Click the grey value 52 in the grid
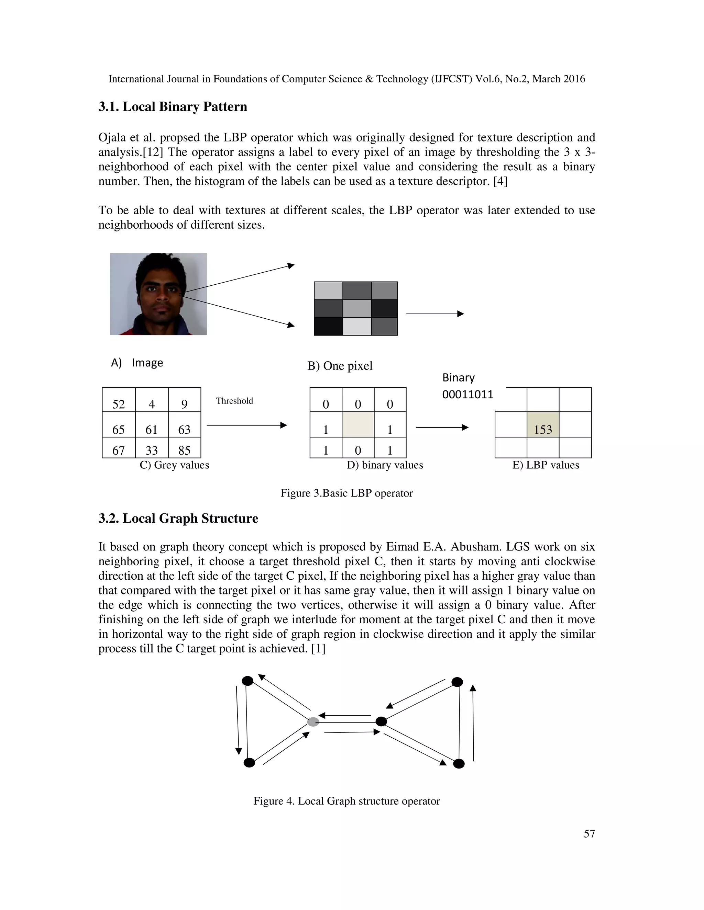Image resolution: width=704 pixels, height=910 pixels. [x=119, y=404]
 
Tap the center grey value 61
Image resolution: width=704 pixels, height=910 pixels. [x=151, y=429]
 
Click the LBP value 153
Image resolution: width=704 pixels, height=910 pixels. [x=542, y=429]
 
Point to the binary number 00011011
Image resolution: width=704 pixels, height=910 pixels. [x=467, y=394]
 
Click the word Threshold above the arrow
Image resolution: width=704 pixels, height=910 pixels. [x=234, y=401]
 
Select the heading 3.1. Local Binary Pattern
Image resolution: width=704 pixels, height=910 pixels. [x=173, y=107]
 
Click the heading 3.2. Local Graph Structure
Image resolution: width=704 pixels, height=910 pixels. [x=178, y=518]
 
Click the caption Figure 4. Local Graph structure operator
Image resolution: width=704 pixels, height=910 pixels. [x=346, y=801]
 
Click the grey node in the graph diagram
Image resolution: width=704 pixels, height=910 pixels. [x=313, y=722]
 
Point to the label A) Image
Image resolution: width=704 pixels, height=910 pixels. [x=137, y=363]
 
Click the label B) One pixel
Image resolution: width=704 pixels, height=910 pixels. [x=340, y=366]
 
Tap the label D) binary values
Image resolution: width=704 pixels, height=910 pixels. [x=385, y=465]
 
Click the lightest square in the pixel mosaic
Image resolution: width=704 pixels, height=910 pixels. [x=357, y=326]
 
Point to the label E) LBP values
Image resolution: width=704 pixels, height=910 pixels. [x=546, y=465]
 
